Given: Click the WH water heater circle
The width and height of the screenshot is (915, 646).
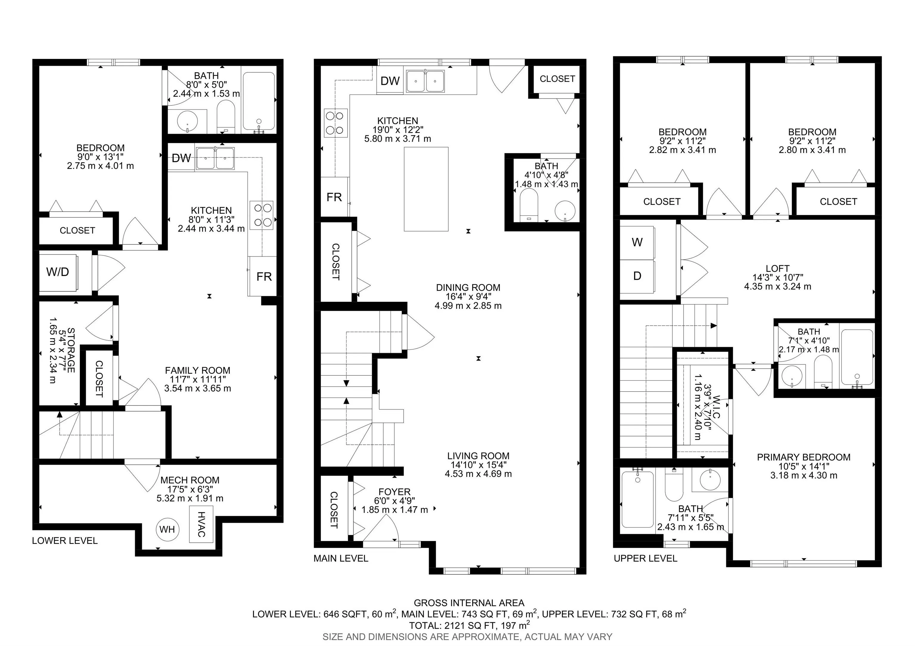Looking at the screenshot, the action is click(x=167, y=529).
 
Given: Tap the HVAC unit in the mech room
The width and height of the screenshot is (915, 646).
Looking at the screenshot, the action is click(x=201, y=524).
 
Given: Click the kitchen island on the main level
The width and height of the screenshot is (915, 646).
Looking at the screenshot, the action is click(x=426, y=189).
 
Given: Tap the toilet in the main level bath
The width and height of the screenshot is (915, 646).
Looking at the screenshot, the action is click(x=529, y=204).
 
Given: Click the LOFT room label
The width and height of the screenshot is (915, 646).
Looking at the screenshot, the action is click(x=777, y=269).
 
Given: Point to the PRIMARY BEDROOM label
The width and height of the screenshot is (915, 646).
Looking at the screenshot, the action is click(x=803, y=457).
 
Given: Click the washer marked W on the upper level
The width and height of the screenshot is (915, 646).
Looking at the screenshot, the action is click(x=637, y=243).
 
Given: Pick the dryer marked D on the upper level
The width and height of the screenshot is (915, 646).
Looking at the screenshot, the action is click(x=637, y=276).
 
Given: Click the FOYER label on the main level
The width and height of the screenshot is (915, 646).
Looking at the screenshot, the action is click(x=395, y=492).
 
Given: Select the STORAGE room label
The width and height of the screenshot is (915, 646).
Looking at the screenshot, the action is click(x=71, y=350).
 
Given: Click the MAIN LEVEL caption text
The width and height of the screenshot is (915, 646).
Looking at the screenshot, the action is click(x=341, y=558).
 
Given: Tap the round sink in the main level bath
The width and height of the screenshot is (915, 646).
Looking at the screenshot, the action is click(x=565, y=211).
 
